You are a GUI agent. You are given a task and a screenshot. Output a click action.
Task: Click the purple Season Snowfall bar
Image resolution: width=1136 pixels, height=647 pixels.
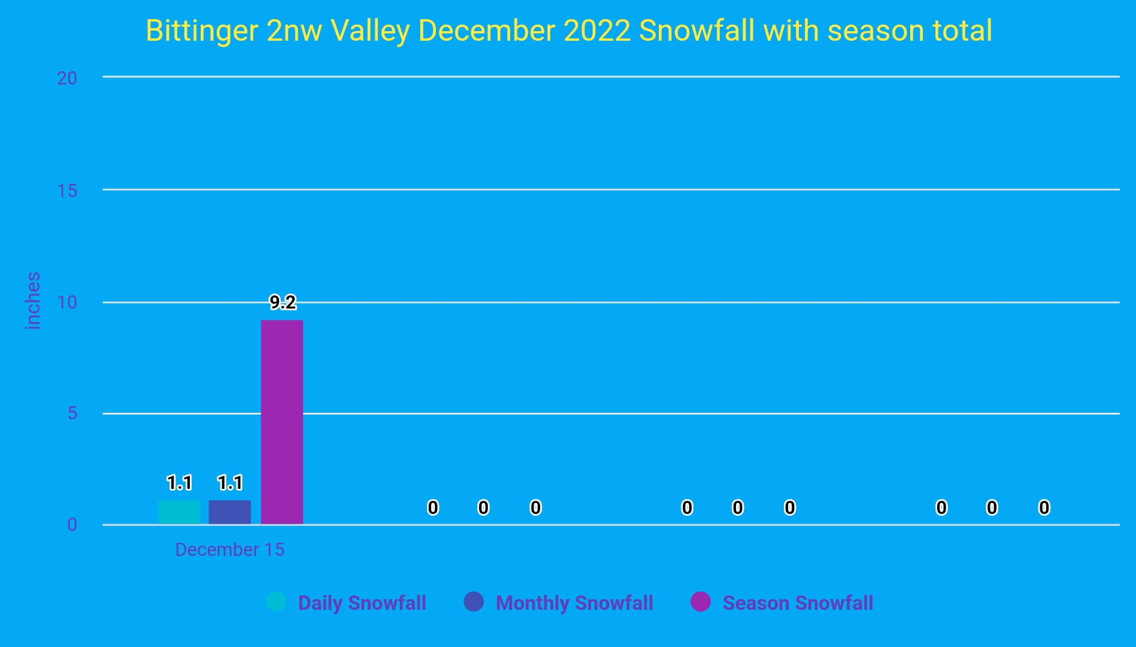[x=281, y=422]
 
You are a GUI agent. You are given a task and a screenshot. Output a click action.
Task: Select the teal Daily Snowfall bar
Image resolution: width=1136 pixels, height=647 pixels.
[x=179, y=512]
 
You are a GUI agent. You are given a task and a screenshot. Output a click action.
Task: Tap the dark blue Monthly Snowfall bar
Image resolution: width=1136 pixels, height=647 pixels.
[x=230, y=512]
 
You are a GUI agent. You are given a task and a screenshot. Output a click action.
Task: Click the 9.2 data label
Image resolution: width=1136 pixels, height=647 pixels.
[x=283, y=303]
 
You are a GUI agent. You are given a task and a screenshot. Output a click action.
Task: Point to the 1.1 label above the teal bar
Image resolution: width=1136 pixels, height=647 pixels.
[x=179, y=483]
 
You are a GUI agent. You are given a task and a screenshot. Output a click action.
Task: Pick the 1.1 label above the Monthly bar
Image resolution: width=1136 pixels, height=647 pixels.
[x=230, y=483]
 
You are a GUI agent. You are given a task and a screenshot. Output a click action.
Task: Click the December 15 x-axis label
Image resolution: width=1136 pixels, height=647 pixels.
[x=229, y=550]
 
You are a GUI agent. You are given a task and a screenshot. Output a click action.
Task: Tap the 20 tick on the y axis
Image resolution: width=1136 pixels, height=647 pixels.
[x=67, y=78]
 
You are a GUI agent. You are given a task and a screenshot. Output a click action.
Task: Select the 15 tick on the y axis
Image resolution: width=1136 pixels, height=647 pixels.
[x=67, y=191]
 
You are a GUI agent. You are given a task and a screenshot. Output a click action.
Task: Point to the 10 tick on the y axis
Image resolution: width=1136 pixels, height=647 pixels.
[x=67, y=302]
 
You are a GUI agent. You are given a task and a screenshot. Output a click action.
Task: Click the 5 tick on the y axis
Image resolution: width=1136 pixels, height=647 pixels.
[x=72, y=413]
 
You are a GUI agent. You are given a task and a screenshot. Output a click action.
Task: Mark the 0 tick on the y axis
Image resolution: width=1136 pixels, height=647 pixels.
[x=72, y=525]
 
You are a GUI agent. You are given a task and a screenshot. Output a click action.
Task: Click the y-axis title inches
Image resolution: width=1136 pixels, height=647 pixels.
[x=34, y=301]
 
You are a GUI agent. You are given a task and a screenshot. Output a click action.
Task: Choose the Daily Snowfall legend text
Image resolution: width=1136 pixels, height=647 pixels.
[x=362, y=603]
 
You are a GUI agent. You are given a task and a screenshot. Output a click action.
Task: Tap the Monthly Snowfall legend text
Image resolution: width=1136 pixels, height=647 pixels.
[x=574, y=603]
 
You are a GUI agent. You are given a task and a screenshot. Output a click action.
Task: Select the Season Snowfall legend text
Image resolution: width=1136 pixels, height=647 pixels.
[x=798, y=603]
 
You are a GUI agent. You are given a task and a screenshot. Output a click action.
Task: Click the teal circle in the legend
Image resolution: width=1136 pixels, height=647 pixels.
[x=276, y=601]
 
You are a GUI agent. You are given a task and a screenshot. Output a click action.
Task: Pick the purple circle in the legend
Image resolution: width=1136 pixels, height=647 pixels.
[x=701, y=601]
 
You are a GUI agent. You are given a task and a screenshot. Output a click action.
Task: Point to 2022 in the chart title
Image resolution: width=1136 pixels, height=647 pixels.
[x=597, y=31]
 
